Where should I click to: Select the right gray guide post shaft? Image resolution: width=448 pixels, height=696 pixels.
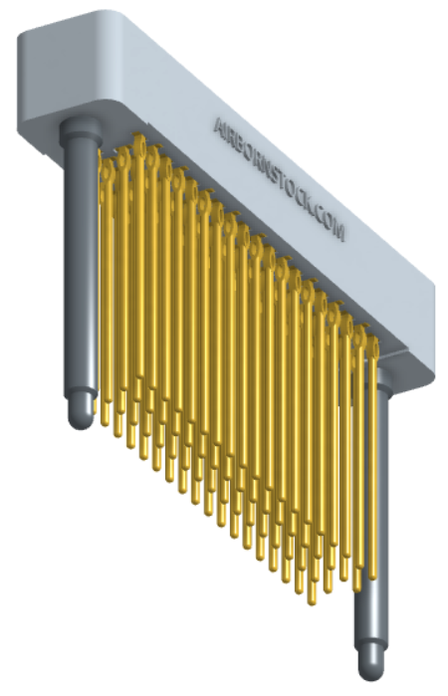[x=369, y=518]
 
